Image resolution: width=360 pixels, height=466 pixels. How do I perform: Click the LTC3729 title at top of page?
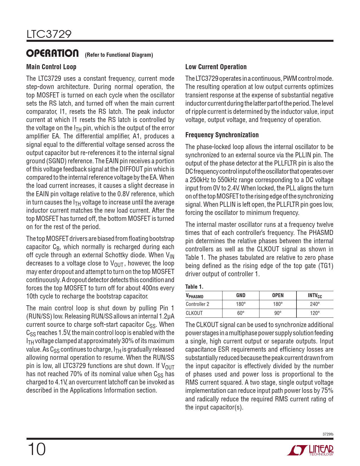49,34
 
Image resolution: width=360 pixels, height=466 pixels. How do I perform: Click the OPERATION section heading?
53,53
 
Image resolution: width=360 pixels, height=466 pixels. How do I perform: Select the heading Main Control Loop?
51,67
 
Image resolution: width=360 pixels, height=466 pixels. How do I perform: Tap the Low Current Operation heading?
216,67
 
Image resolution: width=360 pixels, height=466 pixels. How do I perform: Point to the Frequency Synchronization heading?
222,135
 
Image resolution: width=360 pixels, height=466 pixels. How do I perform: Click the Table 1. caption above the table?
194,287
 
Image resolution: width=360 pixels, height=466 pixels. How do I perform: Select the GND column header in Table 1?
241,295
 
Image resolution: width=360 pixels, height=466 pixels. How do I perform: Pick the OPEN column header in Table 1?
278,295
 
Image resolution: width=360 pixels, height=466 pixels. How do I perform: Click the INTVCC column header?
315,296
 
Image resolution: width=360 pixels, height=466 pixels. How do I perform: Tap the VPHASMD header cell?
195,296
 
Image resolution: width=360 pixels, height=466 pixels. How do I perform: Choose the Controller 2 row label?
197,304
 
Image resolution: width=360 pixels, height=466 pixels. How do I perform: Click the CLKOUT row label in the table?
194,313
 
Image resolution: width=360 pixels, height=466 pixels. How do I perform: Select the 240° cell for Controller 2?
315,304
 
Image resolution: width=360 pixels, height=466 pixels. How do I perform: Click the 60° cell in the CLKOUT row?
241,313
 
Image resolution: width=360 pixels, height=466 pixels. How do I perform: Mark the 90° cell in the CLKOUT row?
278,313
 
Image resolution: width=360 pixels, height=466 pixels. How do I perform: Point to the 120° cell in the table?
315,313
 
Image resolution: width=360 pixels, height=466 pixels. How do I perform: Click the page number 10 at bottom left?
36,449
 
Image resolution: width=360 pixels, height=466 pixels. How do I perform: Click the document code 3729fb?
328,434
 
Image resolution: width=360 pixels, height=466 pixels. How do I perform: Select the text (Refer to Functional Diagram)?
119,55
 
